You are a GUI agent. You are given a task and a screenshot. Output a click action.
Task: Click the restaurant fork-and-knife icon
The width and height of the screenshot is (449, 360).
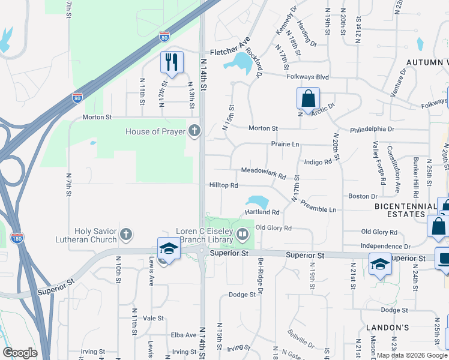(172, 62)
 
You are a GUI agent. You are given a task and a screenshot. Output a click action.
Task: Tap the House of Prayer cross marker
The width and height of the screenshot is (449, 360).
(194, 131)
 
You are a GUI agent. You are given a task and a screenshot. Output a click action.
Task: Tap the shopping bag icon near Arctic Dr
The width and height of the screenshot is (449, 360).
(308, 98)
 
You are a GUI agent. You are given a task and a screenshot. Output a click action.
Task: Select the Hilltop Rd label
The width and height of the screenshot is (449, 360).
(224, 185)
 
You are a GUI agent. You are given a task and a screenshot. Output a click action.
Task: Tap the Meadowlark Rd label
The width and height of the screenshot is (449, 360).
(263, 172)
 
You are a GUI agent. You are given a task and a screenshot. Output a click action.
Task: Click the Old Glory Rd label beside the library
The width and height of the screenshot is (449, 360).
(273, 228)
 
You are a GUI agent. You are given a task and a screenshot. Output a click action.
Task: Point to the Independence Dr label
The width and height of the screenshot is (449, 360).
(385, 246)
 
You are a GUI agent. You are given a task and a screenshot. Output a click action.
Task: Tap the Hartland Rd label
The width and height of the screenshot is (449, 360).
(262, 212)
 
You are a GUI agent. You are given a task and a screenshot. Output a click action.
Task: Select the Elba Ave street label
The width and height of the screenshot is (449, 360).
(184, 335)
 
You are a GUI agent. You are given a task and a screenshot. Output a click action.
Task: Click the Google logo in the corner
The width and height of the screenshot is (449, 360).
(20, 353)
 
